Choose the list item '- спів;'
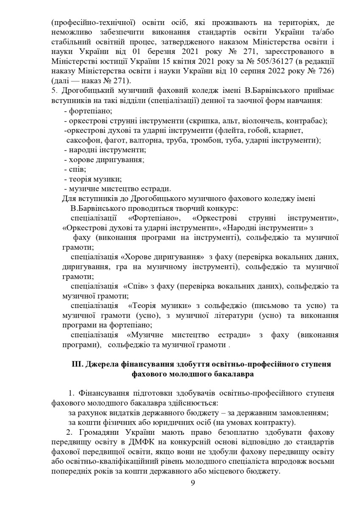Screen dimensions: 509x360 point(74,169)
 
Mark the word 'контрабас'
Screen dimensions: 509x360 point(307,121)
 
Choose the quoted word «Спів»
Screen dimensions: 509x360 point(135,286)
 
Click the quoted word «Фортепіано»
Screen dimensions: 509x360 point(154,218)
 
